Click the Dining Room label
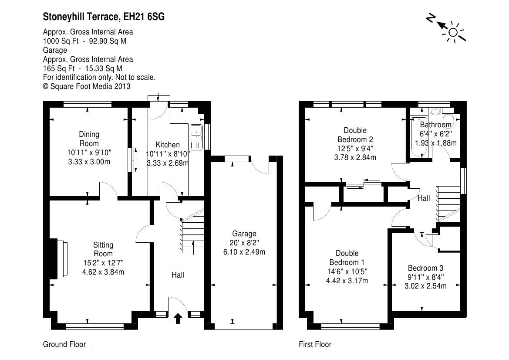pyautogui.click(x=89, y=139)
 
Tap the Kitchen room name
pyautogui.click(x=168, y=145)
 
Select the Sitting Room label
pyautogui.click(x=103, y=249)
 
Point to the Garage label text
pyautogui.click(x=244, y=234)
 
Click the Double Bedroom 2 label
pyautogui.click(x=355, y=135)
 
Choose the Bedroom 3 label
pyautogui.click(x=425, y=268)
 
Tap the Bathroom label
pyautogui.click(x=436, y=125)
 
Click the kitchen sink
pyautogui.click(x=196, y=137)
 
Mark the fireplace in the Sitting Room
pyautogui.click(x=59, y=258)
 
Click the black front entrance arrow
pyautogui.click(x=178, y=319)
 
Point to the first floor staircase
pyautogui.click(x=448, y=204)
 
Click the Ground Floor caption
pyautogui.click(x=64, y=344)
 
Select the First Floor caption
pyautogui.click(x=315, y=344)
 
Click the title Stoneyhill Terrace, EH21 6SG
pyautogui.click(x=104, y=17)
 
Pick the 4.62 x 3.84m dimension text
pyautogui.click(x=103, y=272)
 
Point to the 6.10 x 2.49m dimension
pyautogui.click(x=244, y=252)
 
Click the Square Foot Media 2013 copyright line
pyautogui.click(x=87, y=86)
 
